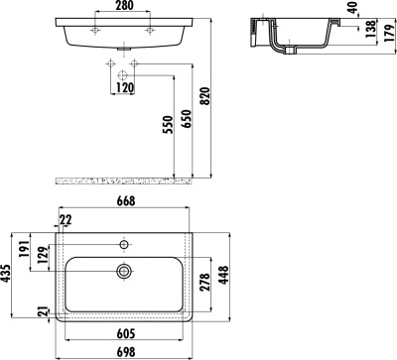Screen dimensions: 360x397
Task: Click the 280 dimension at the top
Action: point(122,7)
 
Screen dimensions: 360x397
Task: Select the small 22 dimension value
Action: point(66,221)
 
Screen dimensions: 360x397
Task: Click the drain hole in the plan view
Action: point(124,270)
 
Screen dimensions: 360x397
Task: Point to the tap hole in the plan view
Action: point(124,244)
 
